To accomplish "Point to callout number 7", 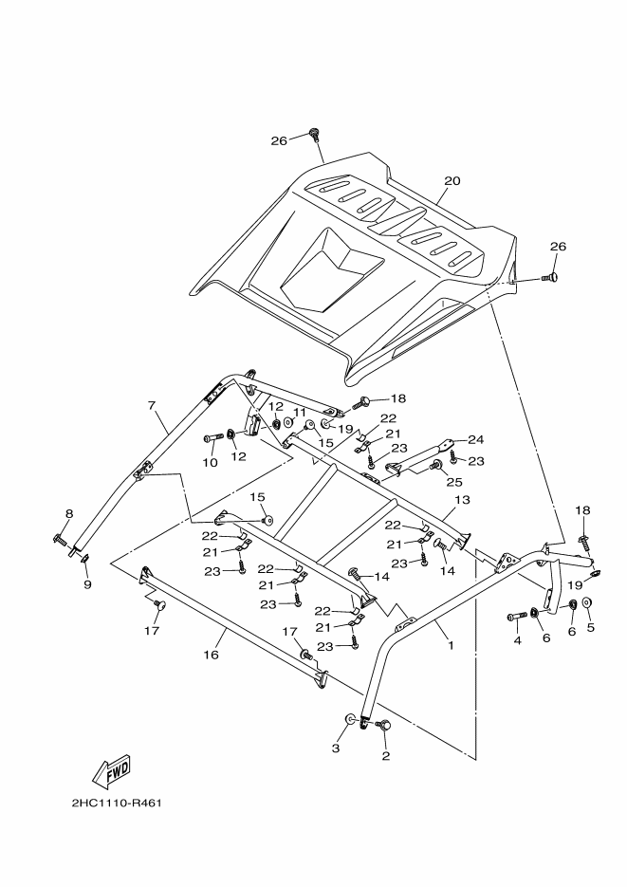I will click(151, 406).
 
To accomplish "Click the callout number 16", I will click(211, 655).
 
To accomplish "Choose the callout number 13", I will click(462, 500).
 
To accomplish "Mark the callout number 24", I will click(475, 439).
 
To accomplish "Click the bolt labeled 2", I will click(384, 726).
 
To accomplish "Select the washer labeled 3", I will click(351, 721).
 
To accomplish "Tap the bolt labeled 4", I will click(517, 617).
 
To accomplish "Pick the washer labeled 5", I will click(587, 603).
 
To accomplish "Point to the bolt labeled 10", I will click(210, 437).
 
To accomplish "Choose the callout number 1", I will click(451, 645).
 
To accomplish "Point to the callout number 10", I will click(210, 462).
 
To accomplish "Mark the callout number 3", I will click(335, 748).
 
